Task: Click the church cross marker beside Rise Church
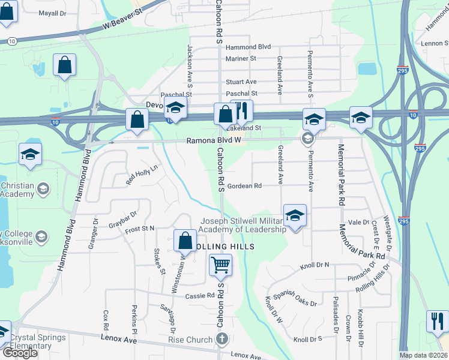click(221, 340)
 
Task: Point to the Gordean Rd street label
click(244, 186)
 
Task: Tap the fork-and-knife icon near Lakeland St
click(242, 111)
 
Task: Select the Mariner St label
click(241, 58)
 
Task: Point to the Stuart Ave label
click(241, 82)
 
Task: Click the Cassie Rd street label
click(200, 296)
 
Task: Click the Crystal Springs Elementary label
click(38, 341)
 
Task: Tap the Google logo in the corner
click(20, 353)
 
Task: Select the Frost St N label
click(140, 229)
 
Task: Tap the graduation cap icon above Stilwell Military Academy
click(295, 216)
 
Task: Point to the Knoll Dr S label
click(307, 339)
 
